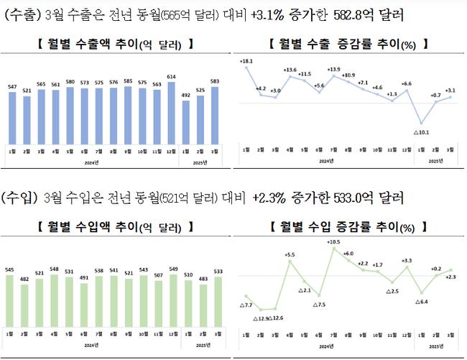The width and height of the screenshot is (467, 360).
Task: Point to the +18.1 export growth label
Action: tap(246, 62)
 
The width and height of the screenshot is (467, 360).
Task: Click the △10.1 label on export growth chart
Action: tap(421, 132)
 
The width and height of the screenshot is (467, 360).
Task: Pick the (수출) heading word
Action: tap(21, 14)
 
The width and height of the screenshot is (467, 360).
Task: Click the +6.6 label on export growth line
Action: tap(406, 85)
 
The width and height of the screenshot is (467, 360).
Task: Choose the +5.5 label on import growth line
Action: tap(290, 254)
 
